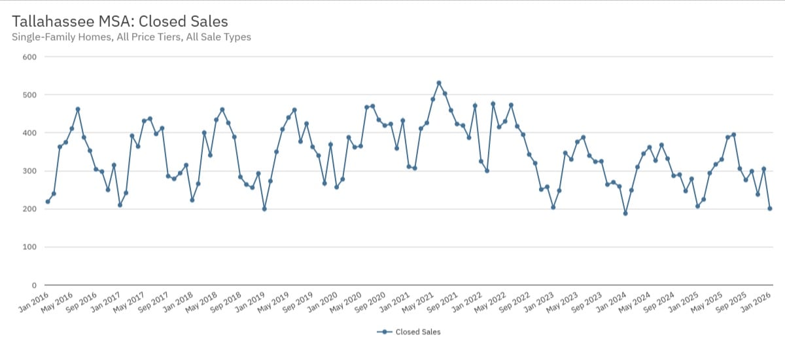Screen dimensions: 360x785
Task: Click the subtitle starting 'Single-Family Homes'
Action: pos(131,37)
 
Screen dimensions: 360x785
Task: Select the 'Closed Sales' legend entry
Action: pos(410,332)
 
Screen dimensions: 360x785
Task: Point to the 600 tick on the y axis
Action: pos(29,57)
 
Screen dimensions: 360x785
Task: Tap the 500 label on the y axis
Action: pos(29,95)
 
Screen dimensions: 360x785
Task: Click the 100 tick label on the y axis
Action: pos(29,247)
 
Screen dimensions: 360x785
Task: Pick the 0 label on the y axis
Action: pos(33,285)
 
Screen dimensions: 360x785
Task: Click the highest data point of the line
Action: pos(439,83)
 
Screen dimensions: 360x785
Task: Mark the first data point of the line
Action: pos(48,202)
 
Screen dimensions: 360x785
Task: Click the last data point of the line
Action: pos(770,208)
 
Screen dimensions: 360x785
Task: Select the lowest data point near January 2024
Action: pos(625,213)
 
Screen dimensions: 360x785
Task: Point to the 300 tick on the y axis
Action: pos(29,171)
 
